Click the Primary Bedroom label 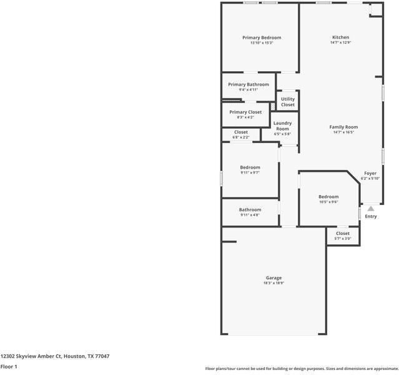262,37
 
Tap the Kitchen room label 340,37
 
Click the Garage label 273,277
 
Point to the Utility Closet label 288,102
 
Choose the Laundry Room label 283,126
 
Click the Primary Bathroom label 249,84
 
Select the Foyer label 370,173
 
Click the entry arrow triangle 370,209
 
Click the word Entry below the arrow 371,217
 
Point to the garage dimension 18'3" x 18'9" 273,283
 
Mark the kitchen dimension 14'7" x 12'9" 340,42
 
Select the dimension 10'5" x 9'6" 328,202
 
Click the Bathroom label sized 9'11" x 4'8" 250,209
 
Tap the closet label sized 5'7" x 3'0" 343,233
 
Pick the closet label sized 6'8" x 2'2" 241,132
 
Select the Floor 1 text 9,367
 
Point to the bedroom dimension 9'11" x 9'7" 250,172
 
